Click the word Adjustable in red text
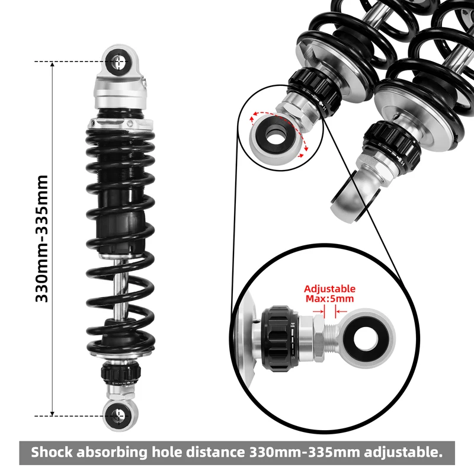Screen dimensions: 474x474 (x=330, y=289)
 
